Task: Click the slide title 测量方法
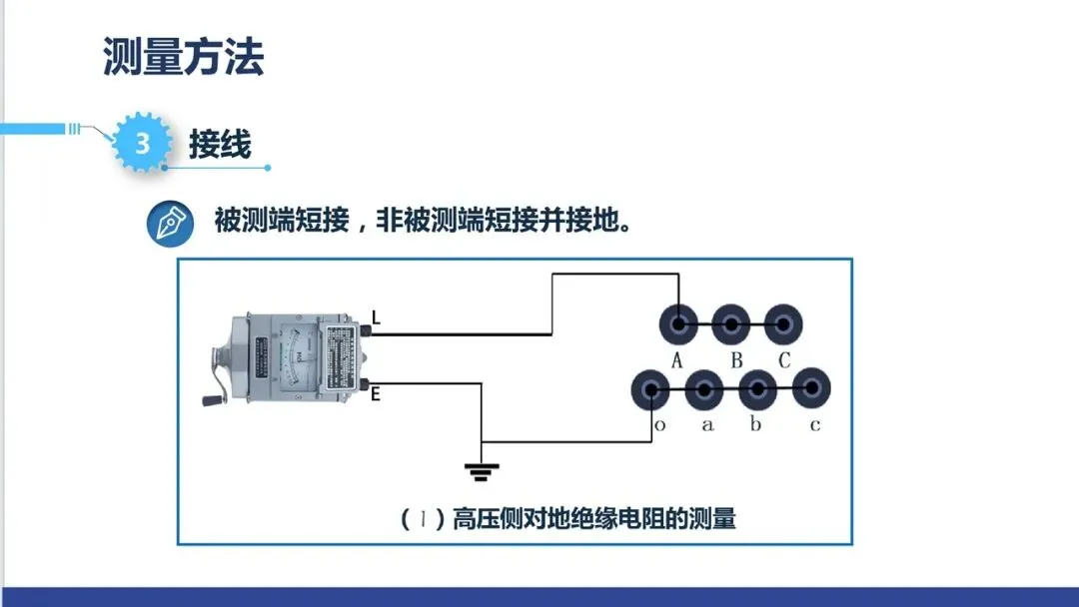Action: (x=183, y=57)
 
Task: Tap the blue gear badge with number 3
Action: (x=142, y=144)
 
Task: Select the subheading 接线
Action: (x=220, y=144)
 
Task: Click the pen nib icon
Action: (x=171, y=223)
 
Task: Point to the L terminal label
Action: (x=376, y=318)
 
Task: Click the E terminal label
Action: (x=376, y=393)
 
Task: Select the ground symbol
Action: (x=482, y=468)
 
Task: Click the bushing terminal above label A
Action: (x=678, y=323)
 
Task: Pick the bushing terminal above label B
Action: (x=731, y=323)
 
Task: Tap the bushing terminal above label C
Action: (x=784, y=323)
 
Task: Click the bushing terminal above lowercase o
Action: (x=651, y=390)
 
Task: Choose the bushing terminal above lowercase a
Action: (x=704, y=390)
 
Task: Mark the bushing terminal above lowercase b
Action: (x=757, y=390)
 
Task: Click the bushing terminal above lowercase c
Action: (x=811, y=390)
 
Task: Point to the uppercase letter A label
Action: (x=676, y=360)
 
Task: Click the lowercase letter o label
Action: (x=659, y=425)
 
